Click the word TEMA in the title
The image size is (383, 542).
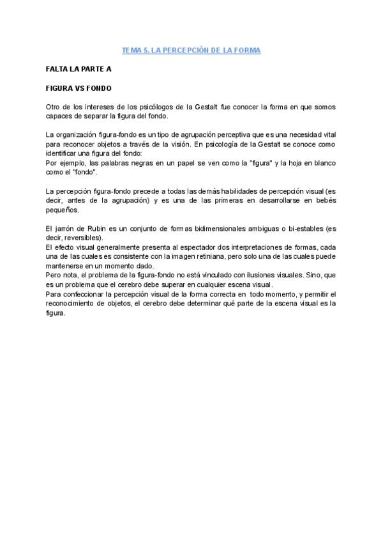130,50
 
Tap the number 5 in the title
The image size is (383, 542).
144,50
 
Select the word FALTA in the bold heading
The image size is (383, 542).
58,67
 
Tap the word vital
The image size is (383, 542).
329,135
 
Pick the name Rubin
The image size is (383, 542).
94,229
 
